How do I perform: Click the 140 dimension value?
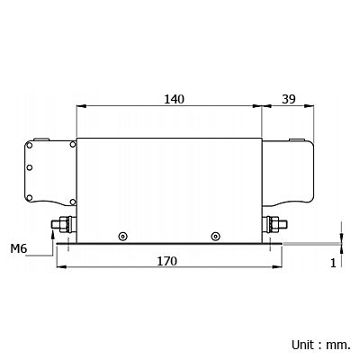(174, 99)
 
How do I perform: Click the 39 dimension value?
(289, 99)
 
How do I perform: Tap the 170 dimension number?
(167, 261)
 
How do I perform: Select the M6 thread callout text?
(19, 248)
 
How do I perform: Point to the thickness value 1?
(333, 263)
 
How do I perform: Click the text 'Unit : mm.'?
(320, 345)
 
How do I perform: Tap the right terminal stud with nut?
(274, 224)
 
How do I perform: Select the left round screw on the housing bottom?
(122, 237)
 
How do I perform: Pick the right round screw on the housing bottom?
(215, 237)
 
